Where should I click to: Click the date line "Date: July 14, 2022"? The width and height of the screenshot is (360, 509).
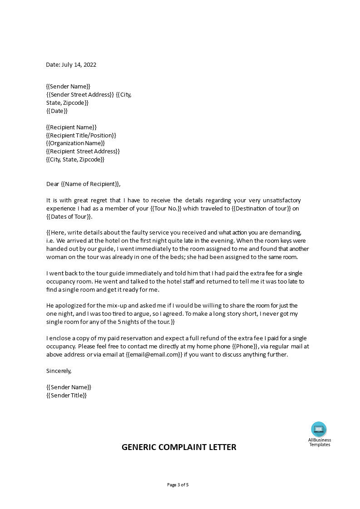pyautogui.click(x=71, y=64)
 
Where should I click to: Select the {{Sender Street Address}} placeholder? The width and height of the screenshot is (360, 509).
pyautogui.click(x=80, y=94)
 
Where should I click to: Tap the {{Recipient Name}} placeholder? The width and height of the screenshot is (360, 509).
pyautogui.click(x=71, y=127)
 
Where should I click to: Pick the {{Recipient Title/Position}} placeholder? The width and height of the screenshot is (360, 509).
pyautogui.click(x=81, y=135)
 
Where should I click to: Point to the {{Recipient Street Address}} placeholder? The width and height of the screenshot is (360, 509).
pyautogui.click(x=83, y=151)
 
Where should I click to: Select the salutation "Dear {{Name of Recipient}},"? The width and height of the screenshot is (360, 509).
pyautogui.click(x=84, y=184)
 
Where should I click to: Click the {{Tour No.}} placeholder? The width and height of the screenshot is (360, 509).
pyautogui.click(x=166, y=209)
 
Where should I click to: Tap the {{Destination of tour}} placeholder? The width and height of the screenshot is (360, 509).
pyautogui.click(x=261, y=209)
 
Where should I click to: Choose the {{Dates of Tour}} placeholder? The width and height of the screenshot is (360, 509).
pyautogui.click(x=69, y=217)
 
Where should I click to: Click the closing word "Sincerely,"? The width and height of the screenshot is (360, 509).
pyautogui.click(x=59, y=371)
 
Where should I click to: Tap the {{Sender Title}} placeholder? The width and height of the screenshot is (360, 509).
pyautogui.click(x=66, y=395)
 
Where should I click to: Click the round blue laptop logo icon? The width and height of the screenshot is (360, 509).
pyautogui.click(x=319, y=429)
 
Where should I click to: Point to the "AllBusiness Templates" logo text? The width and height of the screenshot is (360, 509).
pyautogui.click(x=320, y=442)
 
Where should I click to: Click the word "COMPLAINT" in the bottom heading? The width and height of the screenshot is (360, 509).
pyautogui.click(x=179, y=447)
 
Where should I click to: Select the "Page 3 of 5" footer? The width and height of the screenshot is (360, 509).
pyautogui.click(x=178, y=485)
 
